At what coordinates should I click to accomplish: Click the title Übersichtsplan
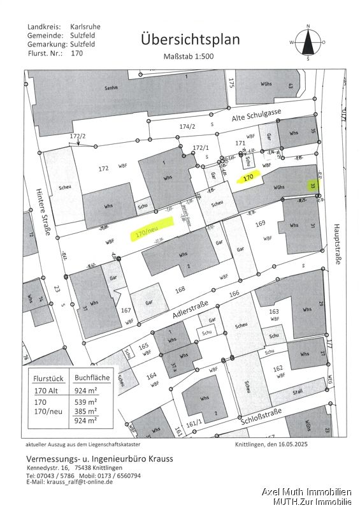191,40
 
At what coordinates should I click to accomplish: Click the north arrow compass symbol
308,42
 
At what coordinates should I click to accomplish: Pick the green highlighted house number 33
312,186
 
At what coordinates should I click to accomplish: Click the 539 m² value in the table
86,402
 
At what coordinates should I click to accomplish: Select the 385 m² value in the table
86,411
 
